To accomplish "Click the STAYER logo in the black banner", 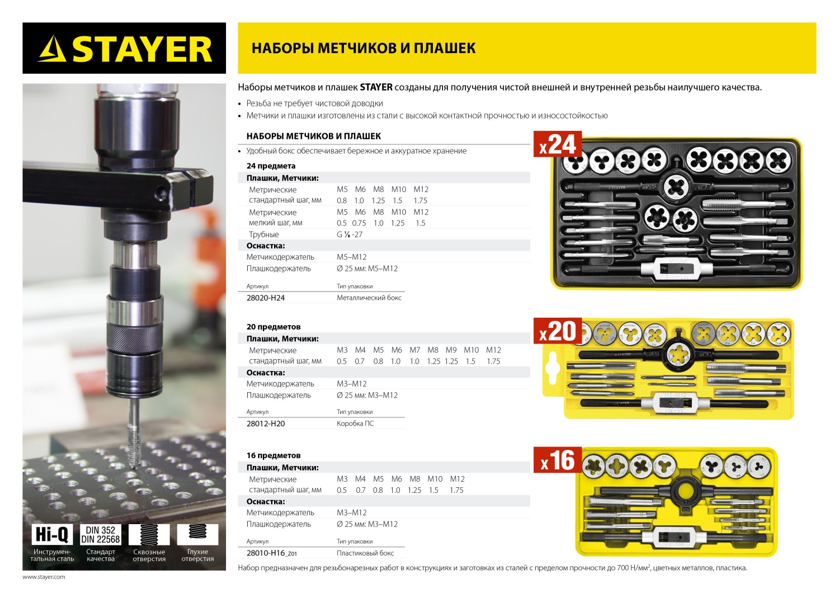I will pos(125,49).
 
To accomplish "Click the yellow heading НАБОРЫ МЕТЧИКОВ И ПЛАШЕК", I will pos(364,48).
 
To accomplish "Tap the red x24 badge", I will pos(558,144).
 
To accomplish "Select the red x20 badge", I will pos(558,331).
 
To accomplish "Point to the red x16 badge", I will pos(558,460).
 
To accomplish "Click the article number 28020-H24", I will pos(266,298).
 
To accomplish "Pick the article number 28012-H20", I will pos(266,423).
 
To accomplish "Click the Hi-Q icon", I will pos(52,534).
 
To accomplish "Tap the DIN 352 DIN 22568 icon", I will pos(101,534).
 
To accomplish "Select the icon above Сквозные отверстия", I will pos(149,534).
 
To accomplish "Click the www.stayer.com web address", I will pos(44,577).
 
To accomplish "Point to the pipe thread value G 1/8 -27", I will pos(350,234).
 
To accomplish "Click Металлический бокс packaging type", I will pos(369,298).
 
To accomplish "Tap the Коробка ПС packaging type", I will pos(355,423).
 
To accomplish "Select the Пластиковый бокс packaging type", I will pos(365,553).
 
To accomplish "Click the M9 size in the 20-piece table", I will pos(451,350).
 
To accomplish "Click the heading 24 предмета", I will pos(271,166).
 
